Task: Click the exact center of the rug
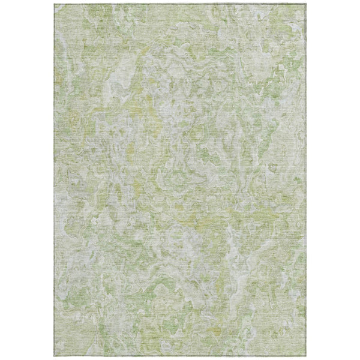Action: [x=180, y=180]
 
